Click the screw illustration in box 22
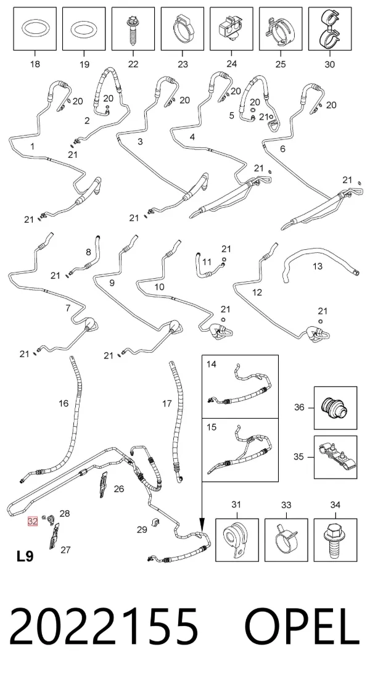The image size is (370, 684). [133, 29]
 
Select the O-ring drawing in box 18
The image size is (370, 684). [35, 30]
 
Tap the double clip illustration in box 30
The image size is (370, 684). [329, 28]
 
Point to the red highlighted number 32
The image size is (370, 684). [33, 521]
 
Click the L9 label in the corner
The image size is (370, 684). [25, 556]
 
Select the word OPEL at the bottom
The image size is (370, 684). [302, 627]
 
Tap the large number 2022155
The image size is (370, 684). [104, 627]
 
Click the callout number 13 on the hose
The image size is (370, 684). [317, 266]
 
